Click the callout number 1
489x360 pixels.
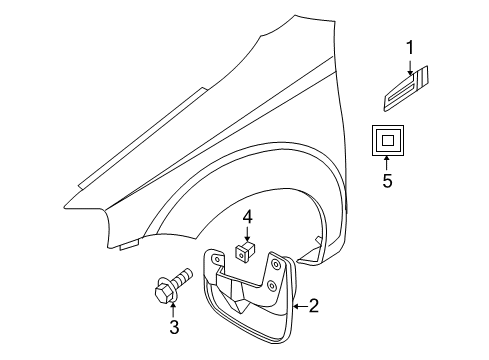point(409,48)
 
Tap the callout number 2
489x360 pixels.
point(313,305)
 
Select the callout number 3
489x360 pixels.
point(173,326)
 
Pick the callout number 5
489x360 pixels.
point(387,182)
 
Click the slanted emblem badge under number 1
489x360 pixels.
point(407,92)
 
